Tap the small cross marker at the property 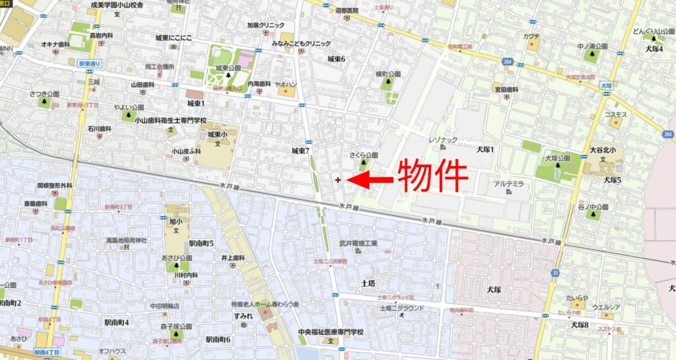[338, 179]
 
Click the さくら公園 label [364, 155]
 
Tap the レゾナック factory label [443, 140]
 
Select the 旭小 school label [172, 219]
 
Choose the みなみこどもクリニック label [301, 43]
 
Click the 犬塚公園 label [557, 159]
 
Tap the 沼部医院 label [346, 11]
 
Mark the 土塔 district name [368, 283]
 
